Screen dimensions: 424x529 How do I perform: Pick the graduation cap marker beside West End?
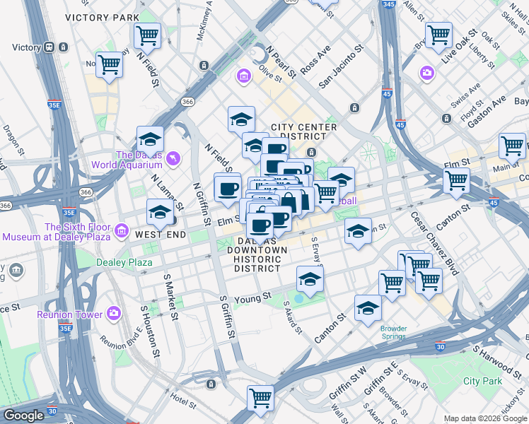pos(160,212)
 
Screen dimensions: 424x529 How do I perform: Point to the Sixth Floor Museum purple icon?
pos(122,230)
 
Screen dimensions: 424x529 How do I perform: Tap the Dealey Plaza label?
pos(124,263)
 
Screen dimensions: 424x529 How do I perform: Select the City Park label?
pos(482,381)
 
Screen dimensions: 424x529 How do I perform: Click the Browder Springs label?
pos(394,332)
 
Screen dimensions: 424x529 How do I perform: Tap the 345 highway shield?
pos(387,5)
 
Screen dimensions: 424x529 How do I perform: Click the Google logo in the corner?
pos(23,416)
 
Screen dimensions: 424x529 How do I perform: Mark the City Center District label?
pos(303,131)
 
